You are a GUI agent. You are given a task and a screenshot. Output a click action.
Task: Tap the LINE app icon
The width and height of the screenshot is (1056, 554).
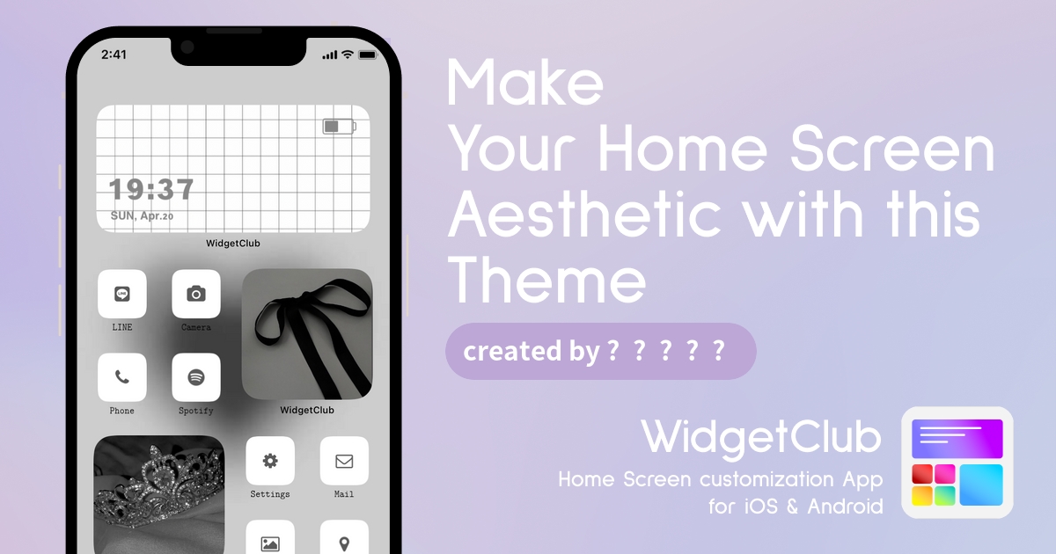point(122,294)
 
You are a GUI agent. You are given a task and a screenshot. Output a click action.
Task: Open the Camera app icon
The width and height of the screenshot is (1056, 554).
point(196,294)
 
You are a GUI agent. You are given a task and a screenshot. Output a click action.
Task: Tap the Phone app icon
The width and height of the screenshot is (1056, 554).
point(122,377)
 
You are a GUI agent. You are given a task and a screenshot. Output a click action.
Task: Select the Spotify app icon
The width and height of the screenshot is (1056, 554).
point(196,377)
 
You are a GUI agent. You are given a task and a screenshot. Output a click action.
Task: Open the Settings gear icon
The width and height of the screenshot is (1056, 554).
point(270,461)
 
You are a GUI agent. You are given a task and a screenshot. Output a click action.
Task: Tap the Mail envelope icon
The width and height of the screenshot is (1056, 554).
point(344,461)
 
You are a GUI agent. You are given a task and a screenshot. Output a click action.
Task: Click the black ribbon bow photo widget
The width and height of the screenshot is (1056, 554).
point(307,334)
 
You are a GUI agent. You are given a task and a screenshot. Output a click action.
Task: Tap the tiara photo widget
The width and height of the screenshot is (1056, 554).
point(159,494)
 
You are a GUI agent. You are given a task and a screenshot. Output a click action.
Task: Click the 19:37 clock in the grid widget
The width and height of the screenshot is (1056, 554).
point(151,189)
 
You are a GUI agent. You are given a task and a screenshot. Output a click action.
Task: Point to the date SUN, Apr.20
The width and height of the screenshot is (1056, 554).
point(142,215)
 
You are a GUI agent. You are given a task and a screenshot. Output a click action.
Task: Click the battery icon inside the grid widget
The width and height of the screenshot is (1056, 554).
point(340,127)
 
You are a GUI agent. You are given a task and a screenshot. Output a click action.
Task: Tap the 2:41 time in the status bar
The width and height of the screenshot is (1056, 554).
point(114,55)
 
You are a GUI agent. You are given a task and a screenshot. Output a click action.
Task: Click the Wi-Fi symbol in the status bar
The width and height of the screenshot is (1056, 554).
point(348,55)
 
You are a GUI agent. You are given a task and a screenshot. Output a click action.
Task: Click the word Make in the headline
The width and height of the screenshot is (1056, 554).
point(524,83)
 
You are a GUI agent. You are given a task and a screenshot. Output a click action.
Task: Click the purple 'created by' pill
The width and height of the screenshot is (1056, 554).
point(600,352)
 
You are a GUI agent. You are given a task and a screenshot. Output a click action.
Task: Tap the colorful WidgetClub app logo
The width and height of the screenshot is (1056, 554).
point(957,463)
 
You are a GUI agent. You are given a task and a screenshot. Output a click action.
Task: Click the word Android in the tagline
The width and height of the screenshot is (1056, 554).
point(846,507)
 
